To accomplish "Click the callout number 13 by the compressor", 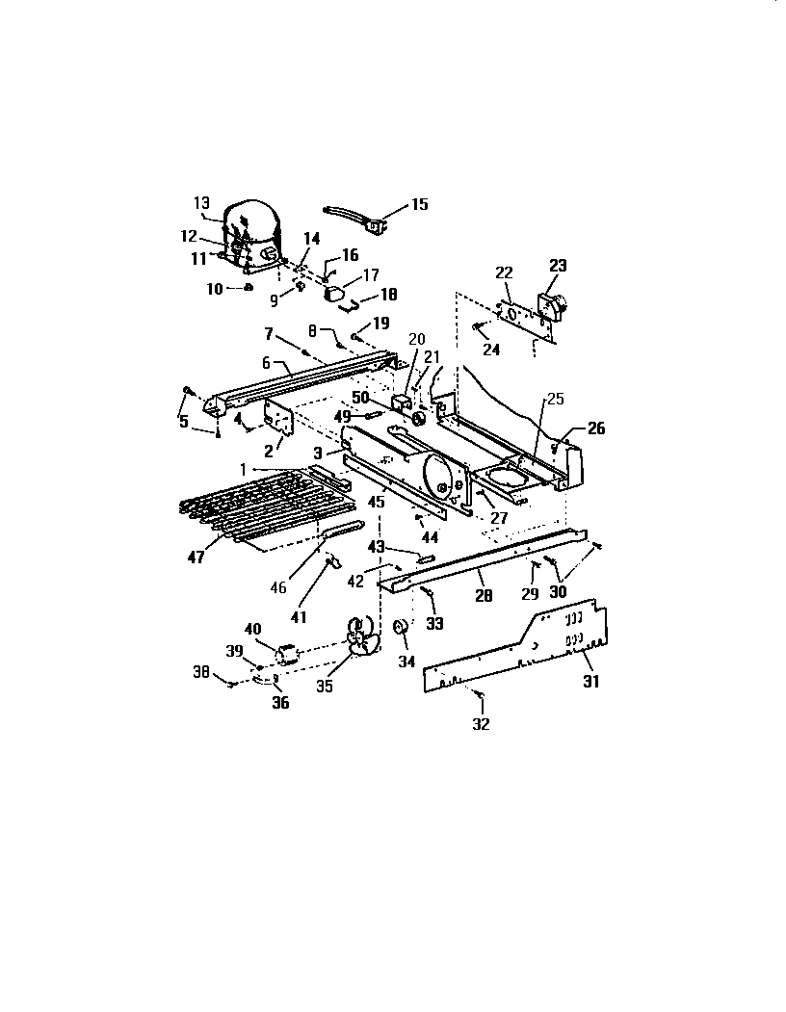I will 201,202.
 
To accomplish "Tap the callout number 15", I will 420,204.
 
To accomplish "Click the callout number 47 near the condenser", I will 196,558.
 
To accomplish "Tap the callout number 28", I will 484,597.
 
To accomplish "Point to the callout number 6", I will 266,363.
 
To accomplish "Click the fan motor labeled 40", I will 287,655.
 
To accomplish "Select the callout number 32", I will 481,724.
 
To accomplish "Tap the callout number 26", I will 596,428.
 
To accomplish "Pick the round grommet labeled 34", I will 397,629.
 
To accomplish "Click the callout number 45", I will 377,502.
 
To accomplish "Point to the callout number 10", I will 214,288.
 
